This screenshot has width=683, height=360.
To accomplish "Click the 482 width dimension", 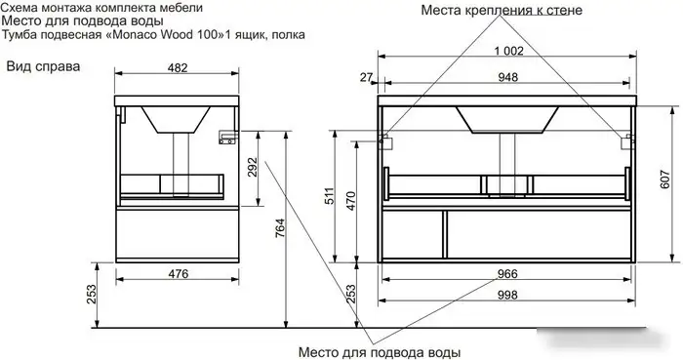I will click(x=176, y=67).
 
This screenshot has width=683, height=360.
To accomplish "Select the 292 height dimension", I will click(x=252, y=169).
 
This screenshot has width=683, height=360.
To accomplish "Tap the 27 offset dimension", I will click(x=366, y=76).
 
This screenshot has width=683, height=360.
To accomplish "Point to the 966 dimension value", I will click(x=506, y=274).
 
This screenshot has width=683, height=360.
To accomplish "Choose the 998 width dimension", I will click(x=506, y=297).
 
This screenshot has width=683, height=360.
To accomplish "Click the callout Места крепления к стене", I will click(x=502, y=11).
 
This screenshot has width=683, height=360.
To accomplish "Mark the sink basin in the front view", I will click(x=505, y=119).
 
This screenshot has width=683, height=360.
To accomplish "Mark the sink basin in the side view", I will click(x=176, y=119).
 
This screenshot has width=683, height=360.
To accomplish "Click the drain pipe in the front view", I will click(x=505, y=156).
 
